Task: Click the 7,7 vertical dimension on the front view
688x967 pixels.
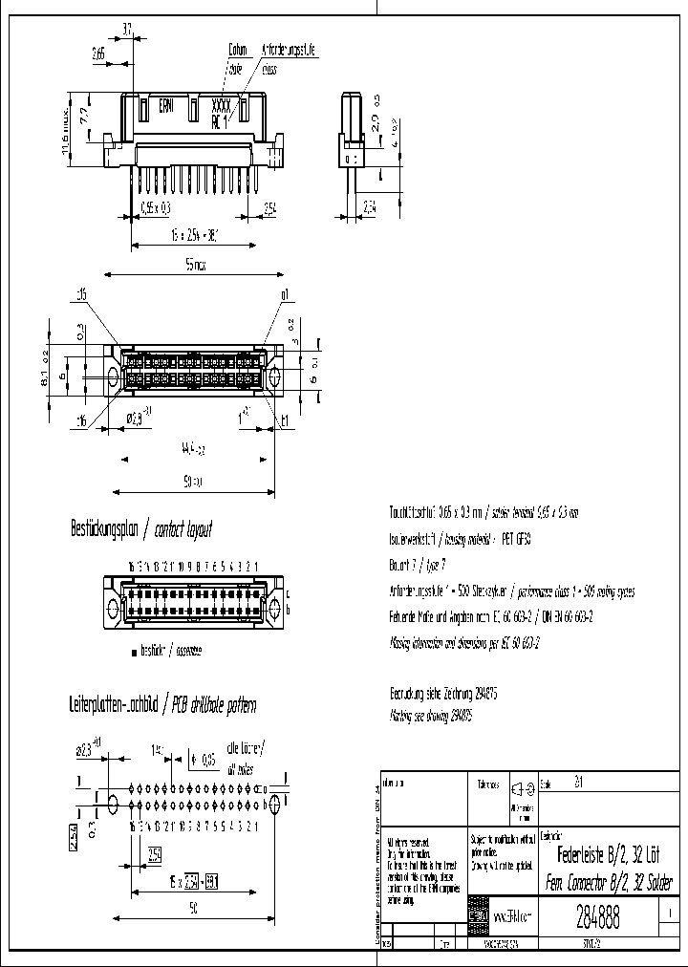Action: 83,116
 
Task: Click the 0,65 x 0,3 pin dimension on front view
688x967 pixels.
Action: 156,206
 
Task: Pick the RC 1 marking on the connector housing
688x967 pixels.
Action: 221,121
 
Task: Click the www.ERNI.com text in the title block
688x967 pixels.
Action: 512,916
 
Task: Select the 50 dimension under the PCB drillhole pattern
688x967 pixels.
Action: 193,911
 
